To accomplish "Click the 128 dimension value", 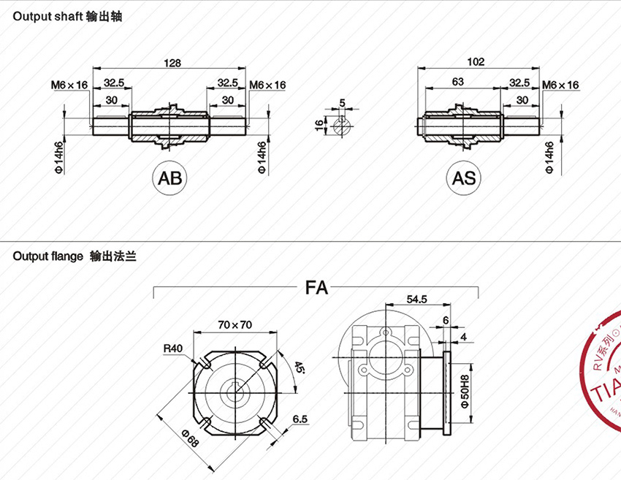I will tap(172, 63).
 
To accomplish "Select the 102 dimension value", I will tap(476, 63).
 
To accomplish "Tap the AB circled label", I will tap(169, 178).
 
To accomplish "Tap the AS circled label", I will tap(463, 178).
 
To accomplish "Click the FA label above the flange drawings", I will tap(316, 288).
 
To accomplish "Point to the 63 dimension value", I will tap(458, 83).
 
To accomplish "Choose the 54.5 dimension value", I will tap(416, 300).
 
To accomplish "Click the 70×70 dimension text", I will tap(235, 324).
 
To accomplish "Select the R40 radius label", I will tap(172, 348).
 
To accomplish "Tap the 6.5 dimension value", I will tap(300, 419).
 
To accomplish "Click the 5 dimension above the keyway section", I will tap(341, 102).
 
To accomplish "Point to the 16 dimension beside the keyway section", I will tap(319, 126).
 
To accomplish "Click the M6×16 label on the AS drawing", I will tap(560, 85).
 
